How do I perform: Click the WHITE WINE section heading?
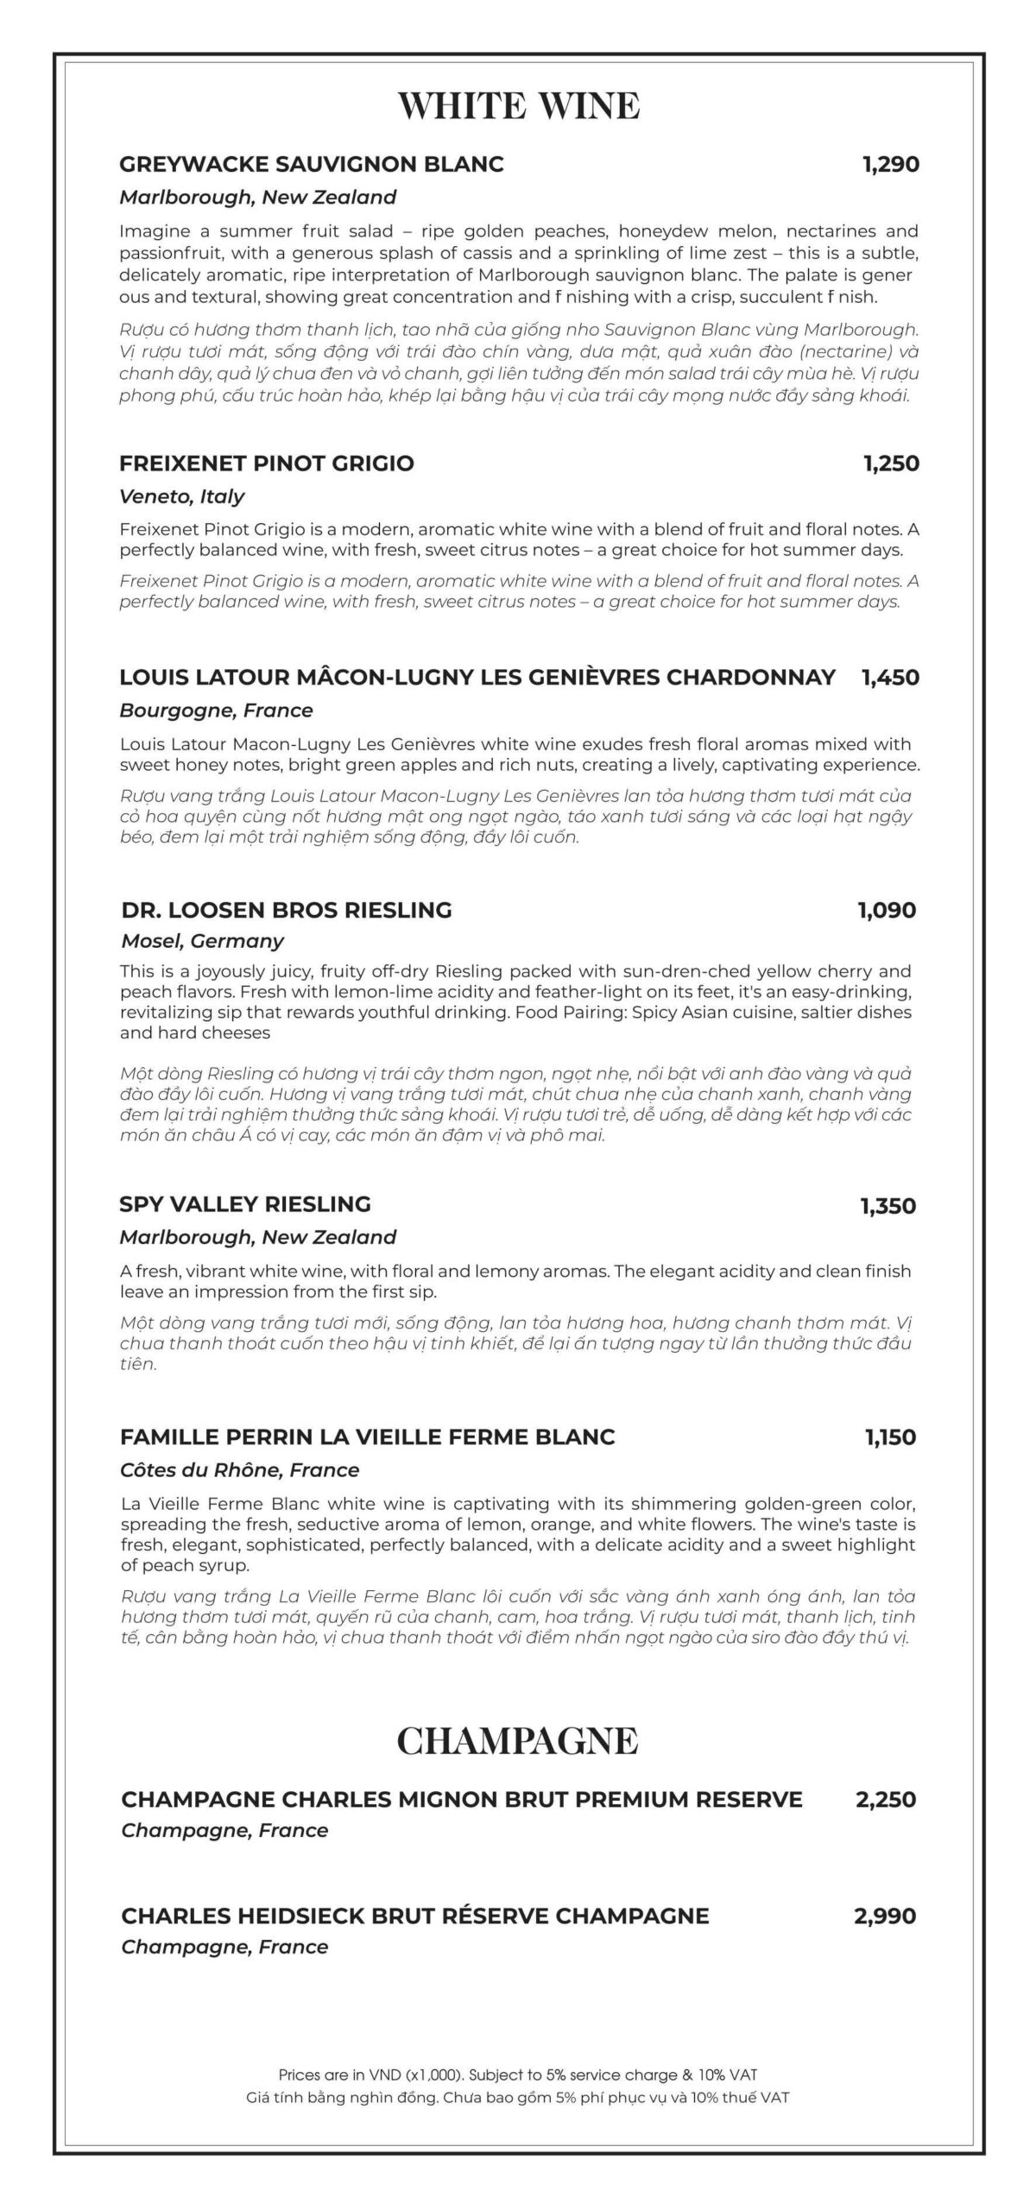tap(518, 105)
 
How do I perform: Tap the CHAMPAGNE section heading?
tap(517, 1740)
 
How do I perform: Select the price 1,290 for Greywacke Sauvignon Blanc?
tap(891, 164)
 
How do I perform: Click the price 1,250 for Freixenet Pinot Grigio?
tap(891, 464)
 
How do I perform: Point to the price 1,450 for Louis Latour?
tap(890, 677)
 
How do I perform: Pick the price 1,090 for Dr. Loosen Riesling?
tap(887, 910)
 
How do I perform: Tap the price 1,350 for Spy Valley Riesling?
tap(888, 1205)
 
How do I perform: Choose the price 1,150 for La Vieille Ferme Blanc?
tap(890, 1437)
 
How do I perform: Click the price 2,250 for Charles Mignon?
tap(886, 1800)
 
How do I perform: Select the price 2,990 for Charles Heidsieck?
tap(885, 1916)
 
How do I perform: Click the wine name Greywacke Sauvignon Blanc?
tap(312, 164)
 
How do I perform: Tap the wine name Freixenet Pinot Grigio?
tap(267, 464)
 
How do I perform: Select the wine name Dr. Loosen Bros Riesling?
tap(287, 910)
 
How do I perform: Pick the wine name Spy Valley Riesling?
tap(245, 1204)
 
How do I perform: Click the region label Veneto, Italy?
tap(182, 496)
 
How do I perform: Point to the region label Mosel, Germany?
tap(203, 941)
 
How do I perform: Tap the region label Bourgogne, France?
tap(216, 710)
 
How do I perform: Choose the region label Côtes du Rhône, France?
tap(240, 1470)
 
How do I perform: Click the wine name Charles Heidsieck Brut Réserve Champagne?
tap(415, 1916)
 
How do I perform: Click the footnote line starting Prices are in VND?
tap(518, 2074)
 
